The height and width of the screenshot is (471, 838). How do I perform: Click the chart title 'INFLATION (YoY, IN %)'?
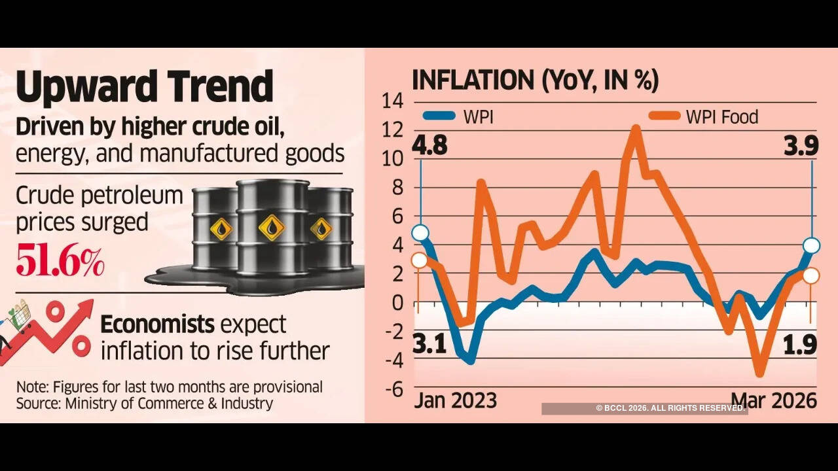[x=535, y=80]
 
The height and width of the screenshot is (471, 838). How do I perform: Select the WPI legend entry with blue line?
[x=458, y=116]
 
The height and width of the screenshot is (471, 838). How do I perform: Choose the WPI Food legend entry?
[x=703, y=116]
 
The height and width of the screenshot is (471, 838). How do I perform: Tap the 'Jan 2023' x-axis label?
[x=455, y=400]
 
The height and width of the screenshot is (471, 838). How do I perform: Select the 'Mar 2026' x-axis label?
[x=774, y=400]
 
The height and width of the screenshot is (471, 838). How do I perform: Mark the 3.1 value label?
[x=429, y=343]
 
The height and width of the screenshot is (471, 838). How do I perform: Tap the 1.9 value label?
[x=801, y=343]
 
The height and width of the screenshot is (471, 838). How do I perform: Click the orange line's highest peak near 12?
[x=636, y=129]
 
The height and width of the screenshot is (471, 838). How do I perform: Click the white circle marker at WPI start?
[x=420, y=233]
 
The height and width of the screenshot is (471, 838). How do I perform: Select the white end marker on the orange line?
[x=811, y=275]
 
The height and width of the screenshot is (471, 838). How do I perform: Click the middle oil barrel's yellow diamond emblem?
[x=271, y=227]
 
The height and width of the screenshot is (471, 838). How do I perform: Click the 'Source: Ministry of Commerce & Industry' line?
[x=144, y=403]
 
